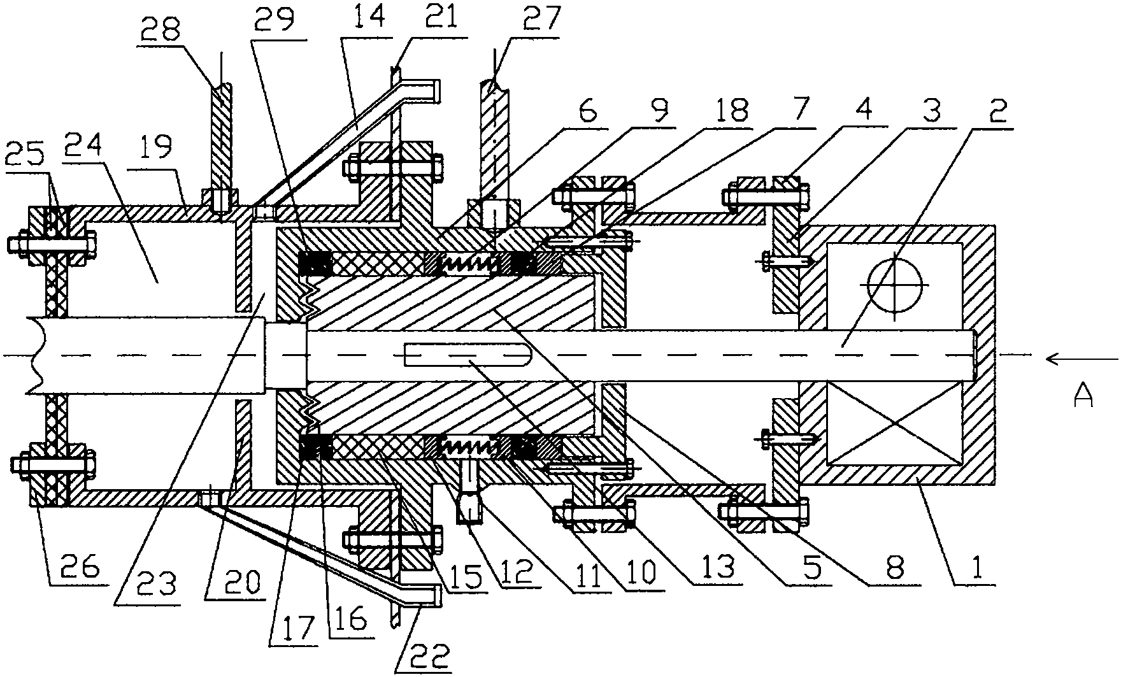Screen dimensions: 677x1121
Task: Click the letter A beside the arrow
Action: click(x=1083, y=395)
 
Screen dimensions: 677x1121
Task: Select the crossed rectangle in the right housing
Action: click(x=893, y=424)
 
